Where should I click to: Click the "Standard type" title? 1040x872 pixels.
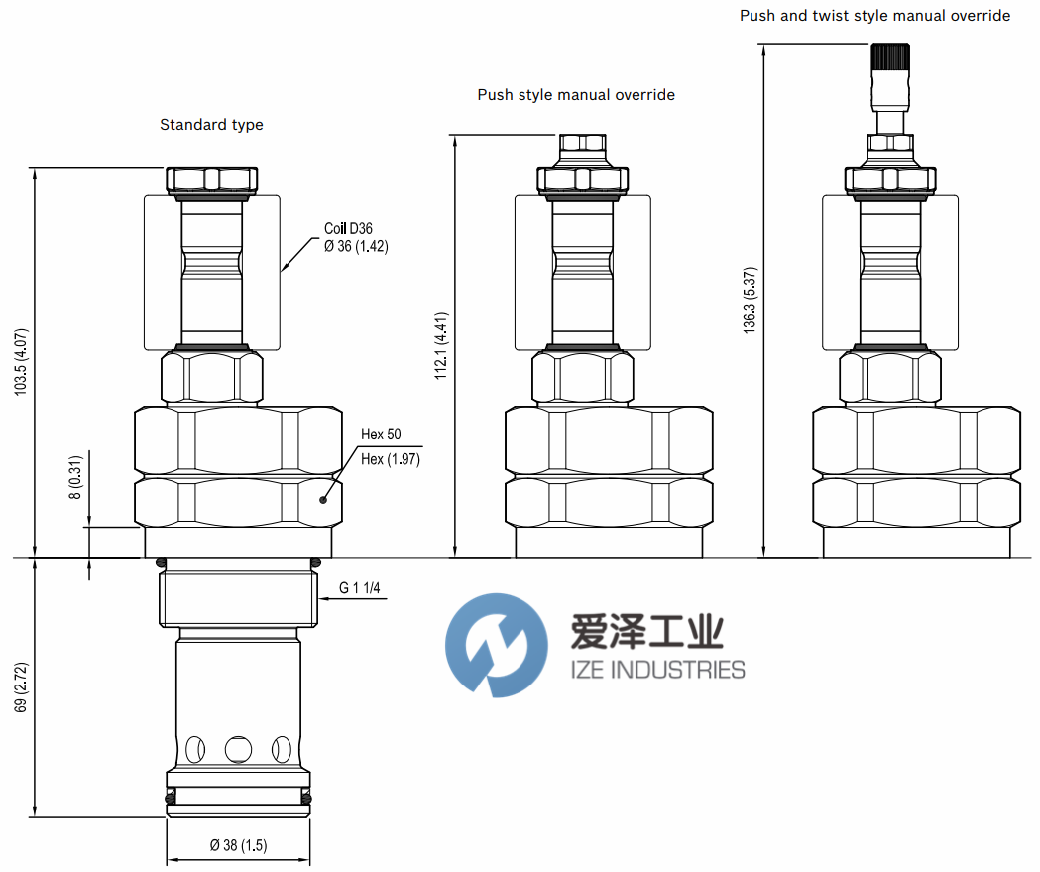(211, 125)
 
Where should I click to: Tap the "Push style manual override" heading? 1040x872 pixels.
(576, 95)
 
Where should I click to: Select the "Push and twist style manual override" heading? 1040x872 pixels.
(874, 16)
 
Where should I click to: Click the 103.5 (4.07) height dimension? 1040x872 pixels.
(21, 362)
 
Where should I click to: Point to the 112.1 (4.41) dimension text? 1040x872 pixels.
(441, 346)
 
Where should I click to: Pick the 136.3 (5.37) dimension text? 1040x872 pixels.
(750, 300)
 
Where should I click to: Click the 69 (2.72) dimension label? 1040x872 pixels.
(21, 686)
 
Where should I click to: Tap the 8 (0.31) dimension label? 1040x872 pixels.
(76, 477)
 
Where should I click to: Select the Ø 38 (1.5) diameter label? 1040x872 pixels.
(238, 845)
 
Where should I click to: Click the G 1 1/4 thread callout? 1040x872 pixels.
(360, 588)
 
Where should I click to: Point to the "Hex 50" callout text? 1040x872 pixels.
(381, 434)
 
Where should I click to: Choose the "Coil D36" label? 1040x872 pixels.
(348, 228)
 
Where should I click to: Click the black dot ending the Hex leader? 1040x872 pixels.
(323, 500)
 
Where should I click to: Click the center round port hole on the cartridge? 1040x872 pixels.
(238, 749)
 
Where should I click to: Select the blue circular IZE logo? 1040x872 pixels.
(497, 645)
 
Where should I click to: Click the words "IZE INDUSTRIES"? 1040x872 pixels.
(657, 670)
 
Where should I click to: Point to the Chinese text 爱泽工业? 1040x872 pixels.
(646, 632)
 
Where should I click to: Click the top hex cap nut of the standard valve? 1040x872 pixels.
(211, 180)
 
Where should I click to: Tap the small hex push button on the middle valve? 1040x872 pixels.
(582, 143)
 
